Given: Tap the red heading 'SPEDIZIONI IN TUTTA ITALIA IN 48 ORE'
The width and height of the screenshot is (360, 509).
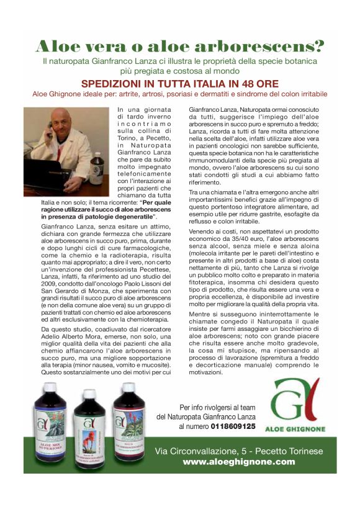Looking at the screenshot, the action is tap(180, 84).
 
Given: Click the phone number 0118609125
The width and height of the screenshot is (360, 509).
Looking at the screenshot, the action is tap(233, 426).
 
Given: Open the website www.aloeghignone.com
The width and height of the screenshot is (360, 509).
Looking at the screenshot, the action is tap(239, 462).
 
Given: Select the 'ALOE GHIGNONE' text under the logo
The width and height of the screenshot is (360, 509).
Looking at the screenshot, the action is tap(294, 429).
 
